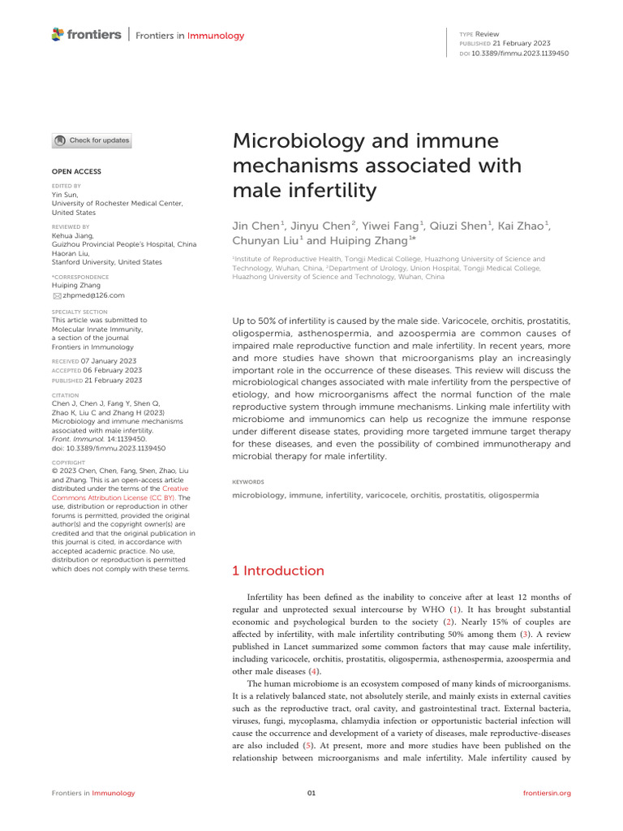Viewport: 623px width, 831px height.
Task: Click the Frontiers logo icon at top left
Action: click(x=57, y=34)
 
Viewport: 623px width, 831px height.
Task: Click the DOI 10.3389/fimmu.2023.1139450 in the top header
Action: click(x=526, y=53)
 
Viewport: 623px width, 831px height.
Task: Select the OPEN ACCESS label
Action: click(x=76, y=172)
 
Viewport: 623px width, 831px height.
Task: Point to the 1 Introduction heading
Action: click(x=278, y=571)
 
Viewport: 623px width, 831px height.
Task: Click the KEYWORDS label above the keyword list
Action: click(x=247, y=481)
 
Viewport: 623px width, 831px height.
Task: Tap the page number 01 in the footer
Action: click(x=311, y=793)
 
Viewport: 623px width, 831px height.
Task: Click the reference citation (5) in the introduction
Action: click(x=307, y=743)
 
